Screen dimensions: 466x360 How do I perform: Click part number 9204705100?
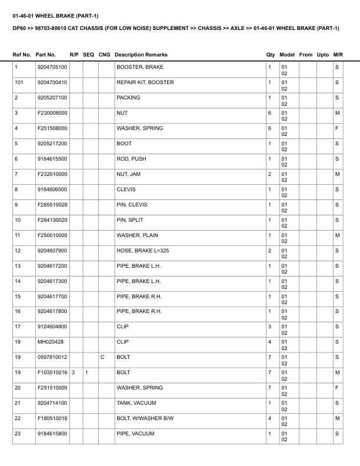tap(52, 68)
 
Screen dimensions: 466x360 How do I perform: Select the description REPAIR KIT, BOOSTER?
tap(145, 83)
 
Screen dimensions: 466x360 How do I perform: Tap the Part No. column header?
tap(46, 55)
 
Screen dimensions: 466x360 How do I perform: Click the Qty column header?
tap(271, 55)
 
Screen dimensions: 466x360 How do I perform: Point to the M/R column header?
tap(338, 55)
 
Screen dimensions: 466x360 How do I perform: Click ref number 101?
tap(19, 83)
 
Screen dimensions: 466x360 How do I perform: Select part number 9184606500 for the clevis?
tap(52, 189)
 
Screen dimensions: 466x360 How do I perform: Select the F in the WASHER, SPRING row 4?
tap(337, 128)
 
